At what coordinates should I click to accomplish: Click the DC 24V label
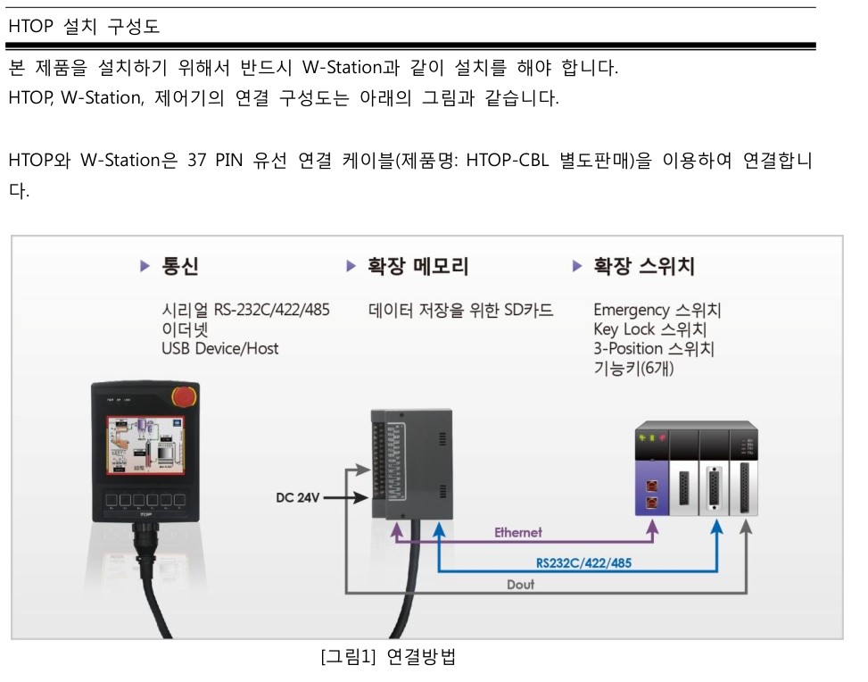[x=298, y=498]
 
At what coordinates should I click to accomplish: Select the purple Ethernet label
[x=518, y=533]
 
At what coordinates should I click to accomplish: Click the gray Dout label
[x=521, y=585]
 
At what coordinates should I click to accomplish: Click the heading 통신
[x=179, y=266]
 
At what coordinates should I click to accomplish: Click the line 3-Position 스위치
[x=654, y=349]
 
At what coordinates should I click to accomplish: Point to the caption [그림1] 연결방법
[x=388, y=659]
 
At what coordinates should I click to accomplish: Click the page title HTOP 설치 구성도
[x=84, y=27]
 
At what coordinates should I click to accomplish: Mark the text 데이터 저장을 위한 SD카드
[x=461, y=311]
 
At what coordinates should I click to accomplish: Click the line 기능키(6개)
[x=633, y=368]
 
